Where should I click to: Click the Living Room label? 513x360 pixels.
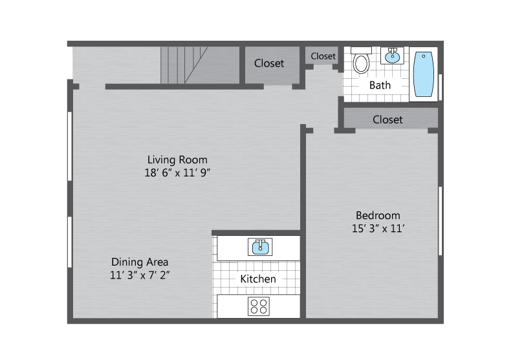[177, 160]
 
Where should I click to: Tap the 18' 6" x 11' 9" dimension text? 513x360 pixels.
[177, 173]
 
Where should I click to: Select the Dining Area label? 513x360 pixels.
[140, 262]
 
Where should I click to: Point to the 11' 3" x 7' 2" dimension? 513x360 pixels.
[140, 275]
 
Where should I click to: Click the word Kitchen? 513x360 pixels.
[258, 279]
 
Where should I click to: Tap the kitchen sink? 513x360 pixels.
[260, 247]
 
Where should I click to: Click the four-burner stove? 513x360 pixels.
[259, 306]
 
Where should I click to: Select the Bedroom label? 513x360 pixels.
[378, 215]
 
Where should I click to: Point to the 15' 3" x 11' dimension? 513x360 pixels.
[378, 228]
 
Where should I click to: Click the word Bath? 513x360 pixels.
[380, 85]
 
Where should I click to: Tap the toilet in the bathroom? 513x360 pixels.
[361, 60]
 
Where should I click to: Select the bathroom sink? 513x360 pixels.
[392, 56]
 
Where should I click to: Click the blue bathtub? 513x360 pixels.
[424, 74]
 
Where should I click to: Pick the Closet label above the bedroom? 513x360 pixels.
[387, 120]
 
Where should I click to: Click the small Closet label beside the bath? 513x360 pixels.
[323, 56]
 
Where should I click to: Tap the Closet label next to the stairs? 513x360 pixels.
[269, 63]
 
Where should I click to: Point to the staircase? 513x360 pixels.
[184, 65]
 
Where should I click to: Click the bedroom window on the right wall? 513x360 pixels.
[441, 220]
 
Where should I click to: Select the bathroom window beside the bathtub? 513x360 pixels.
[441, 87]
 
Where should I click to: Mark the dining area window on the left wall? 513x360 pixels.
[70, 242]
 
